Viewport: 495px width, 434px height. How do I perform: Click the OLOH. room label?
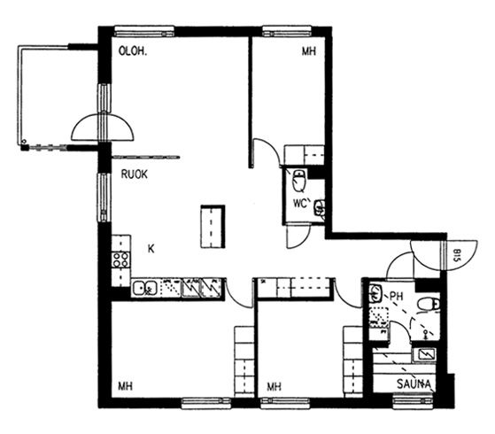tap(133, 51)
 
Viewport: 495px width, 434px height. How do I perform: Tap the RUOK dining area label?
tap(135, 174)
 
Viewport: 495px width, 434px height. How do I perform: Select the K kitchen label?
tap(151, 249)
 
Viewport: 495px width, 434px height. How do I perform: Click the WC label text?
tap(300, 204)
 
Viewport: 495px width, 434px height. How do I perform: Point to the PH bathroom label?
tap(397, 297)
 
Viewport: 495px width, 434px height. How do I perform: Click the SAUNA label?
tap(414, 384)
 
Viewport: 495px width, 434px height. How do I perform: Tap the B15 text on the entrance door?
tap(457, 256)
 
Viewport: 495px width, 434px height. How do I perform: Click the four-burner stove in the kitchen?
tap(121, 260)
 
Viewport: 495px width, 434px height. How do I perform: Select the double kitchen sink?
tap(144, 288)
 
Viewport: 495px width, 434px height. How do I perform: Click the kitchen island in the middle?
tap(213, 227)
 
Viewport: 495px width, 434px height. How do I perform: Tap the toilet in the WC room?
tap(298, 180)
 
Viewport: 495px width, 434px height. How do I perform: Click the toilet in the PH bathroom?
tap(428, 305)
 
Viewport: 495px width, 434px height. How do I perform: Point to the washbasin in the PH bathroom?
tap(375, 293)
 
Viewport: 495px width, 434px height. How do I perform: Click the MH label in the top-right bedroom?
tap(309, 51)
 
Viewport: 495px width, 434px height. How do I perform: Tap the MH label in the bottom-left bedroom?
tap(125, 386)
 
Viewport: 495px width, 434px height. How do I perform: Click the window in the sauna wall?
tap(414, 402)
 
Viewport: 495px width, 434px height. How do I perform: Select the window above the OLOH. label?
tap(144, 31)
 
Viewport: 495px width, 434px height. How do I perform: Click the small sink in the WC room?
tap(320, 208)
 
